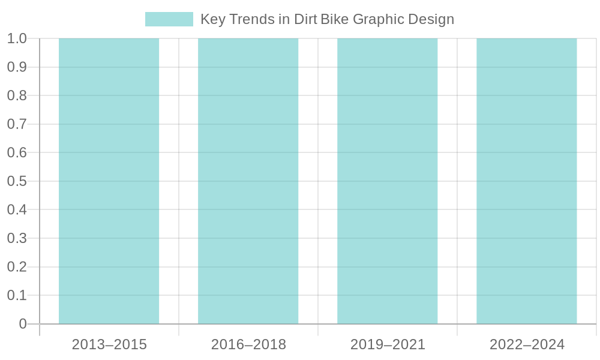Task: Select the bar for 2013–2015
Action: coord(109,181)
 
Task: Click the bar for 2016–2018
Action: coord(248,181)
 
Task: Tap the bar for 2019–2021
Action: coord(388,181)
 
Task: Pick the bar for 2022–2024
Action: coord(527,181)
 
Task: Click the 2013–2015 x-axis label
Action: coord(109,345)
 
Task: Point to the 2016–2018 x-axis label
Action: coord(248,345)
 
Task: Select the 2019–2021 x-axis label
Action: coord(388,345)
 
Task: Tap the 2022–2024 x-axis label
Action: coord(527,345)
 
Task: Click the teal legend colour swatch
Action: coord(169,19)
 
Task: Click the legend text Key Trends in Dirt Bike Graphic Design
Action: coord(326,19)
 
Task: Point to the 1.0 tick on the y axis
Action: coord(17,39)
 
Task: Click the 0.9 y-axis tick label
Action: coord(17,67)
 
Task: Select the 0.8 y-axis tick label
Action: coord(17,96)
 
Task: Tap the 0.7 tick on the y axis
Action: coord(17,124)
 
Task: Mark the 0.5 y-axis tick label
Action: coord(17,181)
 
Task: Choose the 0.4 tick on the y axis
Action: coord(17,210)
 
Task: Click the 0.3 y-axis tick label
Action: coord(17,238)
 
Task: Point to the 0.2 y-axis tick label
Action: coord(17,267)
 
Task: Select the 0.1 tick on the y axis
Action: coord(17,295)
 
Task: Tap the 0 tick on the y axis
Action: coord(23,324)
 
